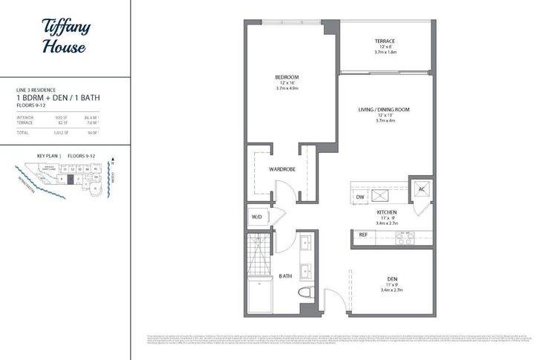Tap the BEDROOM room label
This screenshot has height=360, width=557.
[286, 77]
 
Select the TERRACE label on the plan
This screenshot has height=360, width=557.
[384, 42]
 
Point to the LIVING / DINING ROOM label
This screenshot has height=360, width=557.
[383, 110]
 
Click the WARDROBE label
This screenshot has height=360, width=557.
[283, 170]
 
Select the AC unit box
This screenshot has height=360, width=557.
[421, 189]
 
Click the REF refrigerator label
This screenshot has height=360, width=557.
[363, 235]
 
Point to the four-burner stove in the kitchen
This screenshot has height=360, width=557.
[405, 238]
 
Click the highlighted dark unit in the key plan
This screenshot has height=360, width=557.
[69, 179]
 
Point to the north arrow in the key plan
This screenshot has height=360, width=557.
[112, 159]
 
